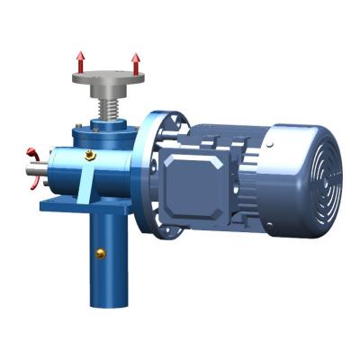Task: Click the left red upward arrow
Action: (80, 62)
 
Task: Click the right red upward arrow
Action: (136, 63)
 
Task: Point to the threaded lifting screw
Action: (105, 111)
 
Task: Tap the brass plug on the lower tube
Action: (102, 253)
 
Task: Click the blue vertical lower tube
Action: (105, 261)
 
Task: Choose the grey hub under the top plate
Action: (107, 94)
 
